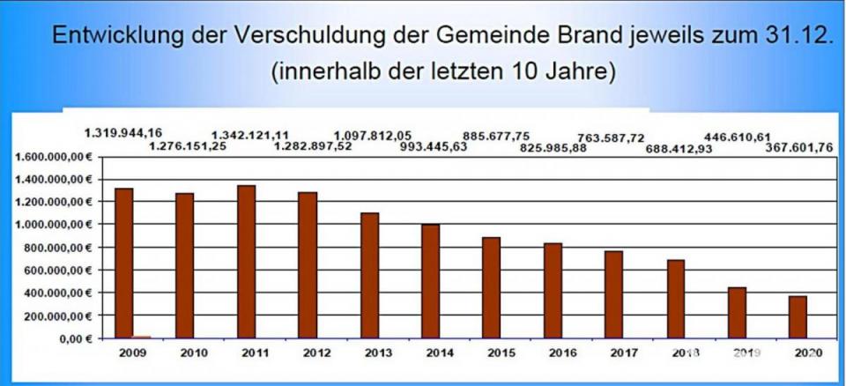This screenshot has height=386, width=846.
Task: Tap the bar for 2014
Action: pos(430,281)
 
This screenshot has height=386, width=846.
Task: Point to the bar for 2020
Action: pos(798,316)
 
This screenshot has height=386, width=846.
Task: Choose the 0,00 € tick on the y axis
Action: pos(76,338)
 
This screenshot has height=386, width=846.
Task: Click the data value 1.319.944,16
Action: pos(123,133)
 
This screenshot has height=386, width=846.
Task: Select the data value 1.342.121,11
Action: pos(250,134)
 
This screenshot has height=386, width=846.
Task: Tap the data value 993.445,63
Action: pos(434,146)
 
